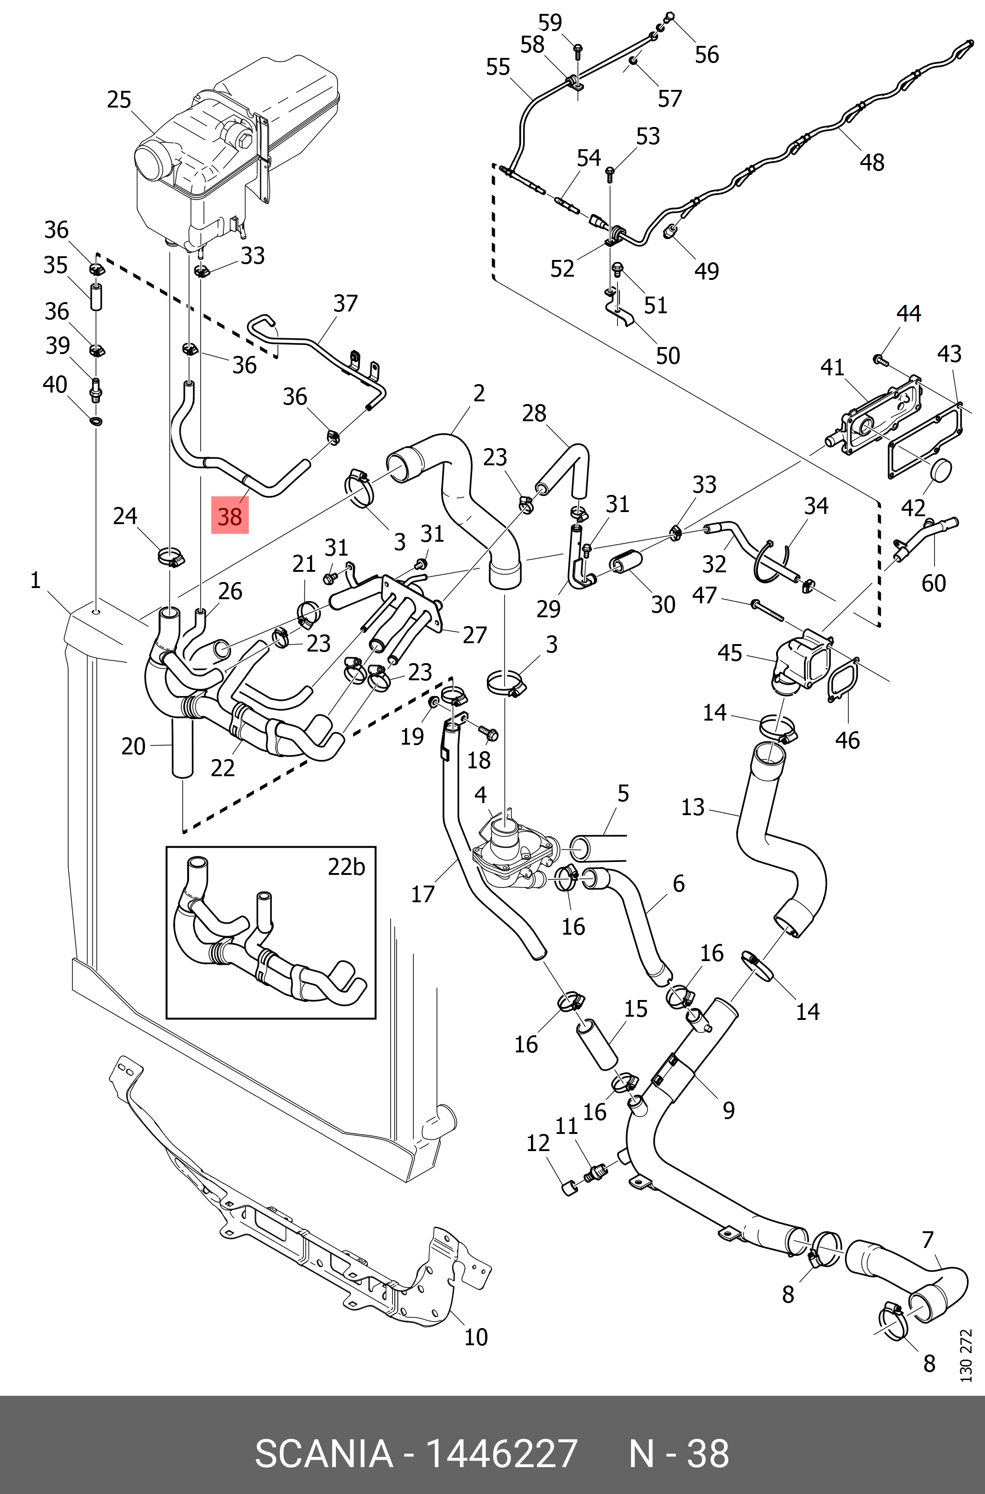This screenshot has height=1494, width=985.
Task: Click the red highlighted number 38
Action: (x=229, y=516)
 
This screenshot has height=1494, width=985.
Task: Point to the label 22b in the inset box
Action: (x=346, y=867)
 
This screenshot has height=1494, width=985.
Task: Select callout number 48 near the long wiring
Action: (x=872, y=162)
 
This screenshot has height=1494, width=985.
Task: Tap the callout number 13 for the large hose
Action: (x=693, y=807)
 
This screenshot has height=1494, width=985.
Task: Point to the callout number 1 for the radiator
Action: (x=35, y=581)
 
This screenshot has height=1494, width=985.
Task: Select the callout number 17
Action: (x=423, y=893)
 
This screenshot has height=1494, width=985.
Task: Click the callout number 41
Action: (x=833, y=367)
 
